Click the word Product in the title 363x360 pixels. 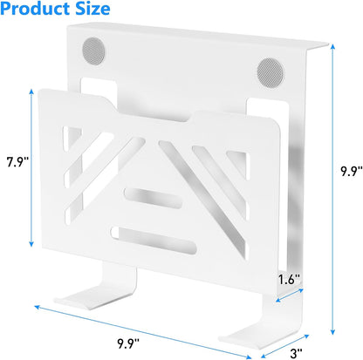pos(35,8)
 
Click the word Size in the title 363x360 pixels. pos(92,8)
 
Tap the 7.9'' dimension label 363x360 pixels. pos(18,162)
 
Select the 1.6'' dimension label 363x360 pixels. pos(289,280)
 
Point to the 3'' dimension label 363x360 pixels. pos(296,353)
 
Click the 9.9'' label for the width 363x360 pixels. pos(128,344)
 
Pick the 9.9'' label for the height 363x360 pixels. pos(352,171)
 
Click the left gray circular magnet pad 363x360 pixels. pos(93,51)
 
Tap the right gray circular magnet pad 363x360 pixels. pos(271,73)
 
